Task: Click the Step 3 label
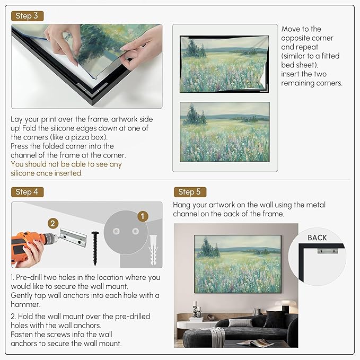[x=27, y=16]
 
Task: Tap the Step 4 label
[x=27, y=192]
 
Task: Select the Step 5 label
[x=189, y=192]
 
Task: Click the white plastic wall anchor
[x=154, y=247]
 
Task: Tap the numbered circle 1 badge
[x=142, y=217]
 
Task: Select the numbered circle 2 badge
[x=52, y=223]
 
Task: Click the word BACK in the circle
[x=317, y=238]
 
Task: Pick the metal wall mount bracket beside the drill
[x=73, y=235]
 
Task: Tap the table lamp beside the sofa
[x=286, y=308]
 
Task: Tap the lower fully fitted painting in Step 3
[x=225, y=131]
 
